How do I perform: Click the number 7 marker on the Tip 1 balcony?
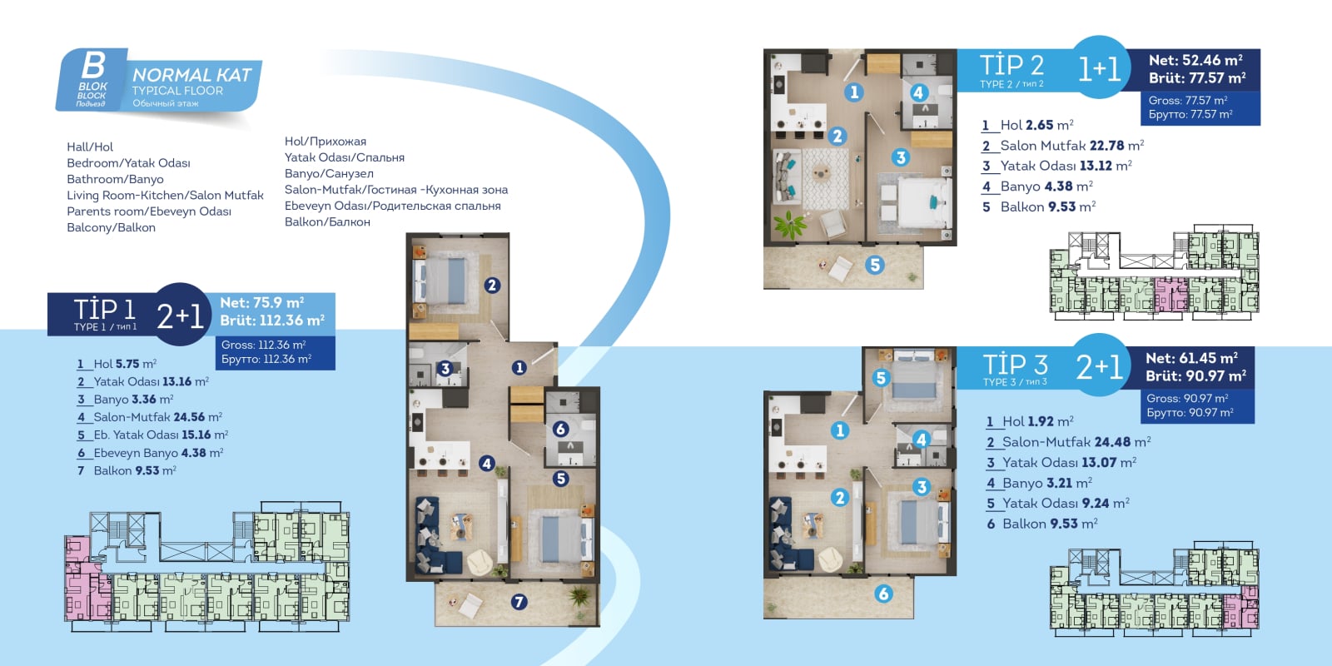pos(519,602)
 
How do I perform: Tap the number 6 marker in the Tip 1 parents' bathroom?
pos(560,429)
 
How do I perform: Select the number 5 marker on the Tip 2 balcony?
pos(875,266)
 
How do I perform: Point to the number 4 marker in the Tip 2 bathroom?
pos(918,92)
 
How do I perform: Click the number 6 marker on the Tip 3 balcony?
pos(883,593)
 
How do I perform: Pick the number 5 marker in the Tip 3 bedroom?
pos(882,378)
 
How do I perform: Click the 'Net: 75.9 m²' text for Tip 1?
pos(262,303)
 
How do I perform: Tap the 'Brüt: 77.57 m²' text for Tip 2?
pos(1197,78)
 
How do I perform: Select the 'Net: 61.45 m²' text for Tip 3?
pos(1191,358)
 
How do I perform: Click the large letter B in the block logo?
pos(93,65)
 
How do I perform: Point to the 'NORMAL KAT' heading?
pos(192,75)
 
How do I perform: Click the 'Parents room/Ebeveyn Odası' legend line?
pos(149,211)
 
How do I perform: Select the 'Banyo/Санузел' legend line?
pos(329,174)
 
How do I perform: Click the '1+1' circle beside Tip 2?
pos(1100,67)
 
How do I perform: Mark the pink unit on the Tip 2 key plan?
pos(1170,295)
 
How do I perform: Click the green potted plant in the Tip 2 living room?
pos(790,226)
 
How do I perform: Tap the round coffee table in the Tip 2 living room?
pos(821,173)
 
